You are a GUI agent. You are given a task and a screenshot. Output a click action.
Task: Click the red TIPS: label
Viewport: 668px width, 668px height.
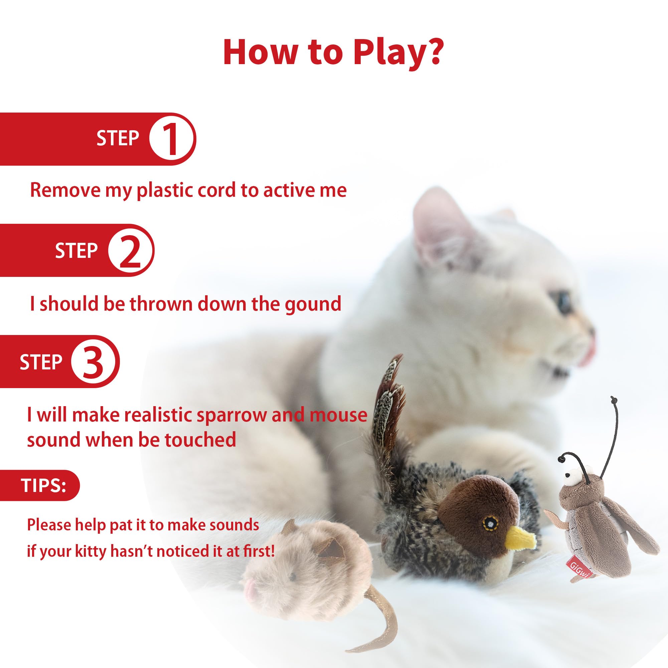(43, 485)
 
